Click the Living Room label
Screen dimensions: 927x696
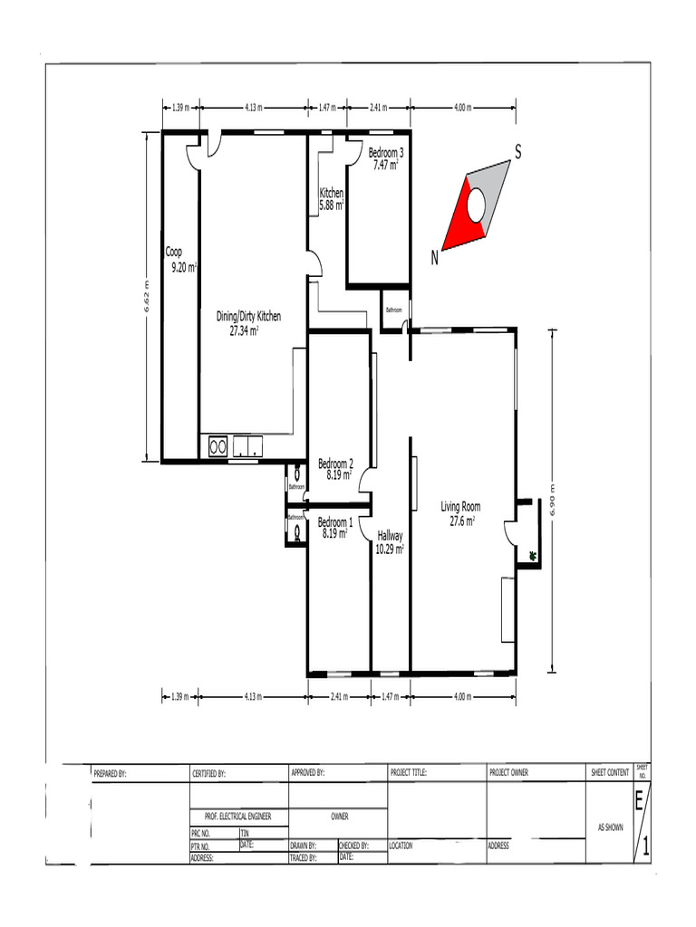[x=460, y=507]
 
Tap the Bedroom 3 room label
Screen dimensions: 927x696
[x=386, y=153]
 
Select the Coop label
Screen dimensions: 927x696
[x=174, y=253]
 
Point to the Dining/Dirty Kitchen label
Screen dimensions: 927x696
[x=248, y=317]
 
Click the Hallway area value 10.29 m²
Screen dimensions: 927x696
[x=391, y=549]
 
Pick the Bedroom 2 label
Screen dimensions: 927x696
[x=335, y=463]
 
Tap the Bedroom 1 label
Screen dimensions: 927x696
[x=335, y=522]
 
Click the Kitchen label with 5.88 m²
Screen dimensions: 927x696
[x=331, y=194]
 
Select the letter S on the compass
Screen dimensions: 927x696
[x=518, y=152]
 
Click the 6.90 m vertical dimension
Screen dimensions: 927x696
[x=552, y=501]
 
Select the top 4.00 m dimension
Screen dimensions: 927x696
[x=462, y=108]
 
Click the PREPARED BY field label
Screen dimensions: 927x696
[x=110, y=774]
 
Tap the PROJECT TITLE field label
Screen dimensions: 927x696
[x=408, y=773]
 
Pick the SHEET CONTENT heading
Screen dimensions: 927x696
[x=610, y=773]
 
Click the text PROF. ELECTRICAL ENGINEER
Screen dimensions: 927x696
[x=238, y=817]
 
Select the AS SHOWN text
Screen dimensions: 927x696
[x=609, y=827]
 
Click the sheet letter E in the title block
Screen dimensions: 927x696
[x=640, y=801]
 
